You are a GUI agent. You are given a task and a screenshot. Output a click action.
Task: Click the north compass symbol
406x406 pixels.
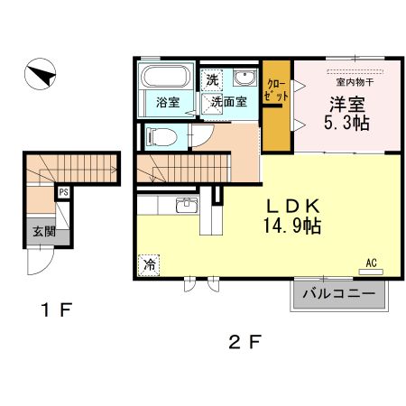pyautogui.click(x=40, y=74)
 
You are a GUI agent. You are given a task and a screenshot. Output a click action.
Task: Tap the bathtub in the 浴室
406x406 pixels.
pyautogui.click(x=166, y=76)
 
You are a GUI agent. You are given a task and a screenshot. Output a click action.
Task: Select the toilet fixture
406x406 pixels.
pyautogui.click(x=161, y=137)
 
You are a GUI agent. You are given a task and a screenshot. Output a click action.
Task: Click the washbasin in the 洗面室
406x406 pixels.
pyautogui.click(x=245, y=78)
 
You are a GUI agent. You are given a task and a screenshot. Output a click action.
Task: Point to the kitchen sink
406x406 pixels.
pyautogui.click(x=187, y=206)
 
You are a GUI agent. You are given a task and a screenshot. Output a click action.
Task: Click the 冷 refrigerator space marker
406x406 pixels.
pyautogui.click(x=149, y=265)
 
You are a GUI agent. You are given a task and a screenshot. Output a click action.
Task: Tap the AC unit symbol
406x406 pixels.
pyautogui.click(x=371, y=272)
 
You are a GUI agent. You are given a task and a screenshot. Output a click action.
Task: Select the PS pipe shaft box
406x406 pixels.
pyautogui.click(x=63, y=192)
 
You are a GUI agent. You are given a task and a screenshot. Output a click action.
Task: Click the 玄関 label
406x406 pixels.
pyautogui.click(x=44, y=231)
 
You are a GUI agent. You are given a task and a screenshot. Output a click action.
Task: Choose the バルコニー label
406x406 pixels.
pyautogui.click(x=339, y=293)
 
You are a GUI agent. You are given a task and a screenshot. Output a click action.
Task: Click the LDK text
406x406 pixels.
pyautogui.click(x=293, y=207)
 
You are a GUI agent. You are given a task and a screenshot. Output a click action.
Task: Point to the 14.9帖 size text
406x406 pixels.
pyautogui.click(x=292, y=226)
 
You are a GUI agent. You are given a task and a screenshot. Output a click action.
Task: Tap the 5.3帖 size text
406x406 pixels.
pyautogui.click(x=346, y=123)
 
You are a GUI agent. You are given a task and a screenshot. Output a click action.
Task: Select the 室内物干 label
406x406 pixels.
pyautogui.click(x=355, y=82)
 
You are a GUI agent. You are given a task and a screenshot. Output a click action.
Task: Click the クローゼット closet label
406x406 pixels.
pyautogui.click(x=276, y=90)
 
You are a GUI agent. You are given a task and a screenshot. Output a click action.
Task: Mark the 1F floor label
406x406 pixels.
pyautogui.click(x=57, y=309)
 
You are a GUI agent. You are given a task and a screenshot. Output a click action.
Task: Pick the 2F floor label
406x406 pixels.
pyautogui.click(x=244, y=342)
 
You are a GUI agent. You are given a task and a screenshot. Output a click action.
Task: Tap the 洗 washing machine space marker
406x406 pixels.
pyautogui.click(x=212, y=80)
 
